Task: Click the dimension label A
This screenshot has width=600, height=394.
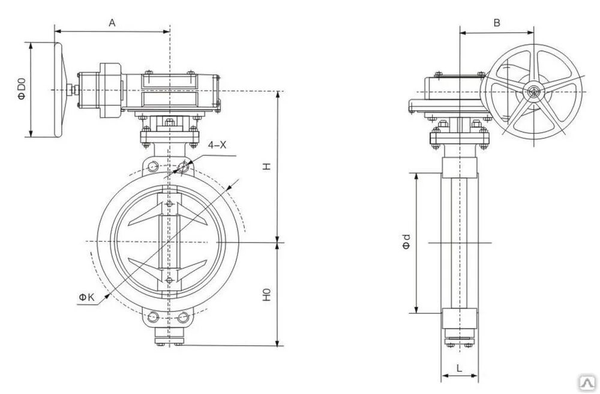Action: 112,23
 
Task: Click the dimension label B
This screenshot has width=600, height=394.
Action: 496,23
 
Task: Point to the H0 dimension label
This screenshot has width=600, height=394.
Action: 268,295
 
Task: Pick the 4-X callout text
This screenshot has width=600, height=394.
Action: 217,145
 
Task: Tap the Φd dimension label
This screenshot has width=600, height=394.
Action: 406,242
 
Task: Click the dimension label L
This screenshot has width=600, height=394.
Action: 458,369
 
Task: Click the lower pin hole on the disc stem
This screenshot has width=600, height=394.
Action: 170,280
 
